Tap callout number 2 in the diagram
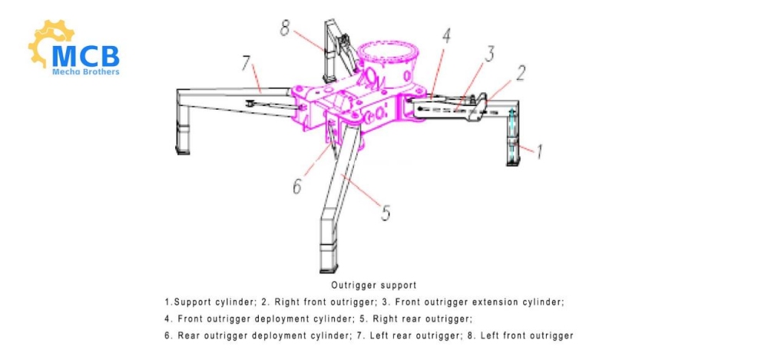click(520, 74)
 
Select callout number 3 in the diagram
click(488, 54)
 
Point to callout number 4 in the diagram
click(445, 35)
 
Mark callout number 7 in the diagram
click(247, 64)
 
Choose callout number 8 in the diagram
click(285, 30)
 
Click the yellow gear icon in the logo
click(48, 42)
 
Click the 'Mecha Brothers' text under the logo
click(85, 73)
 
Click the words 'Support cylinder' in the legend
click(208, 302)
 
